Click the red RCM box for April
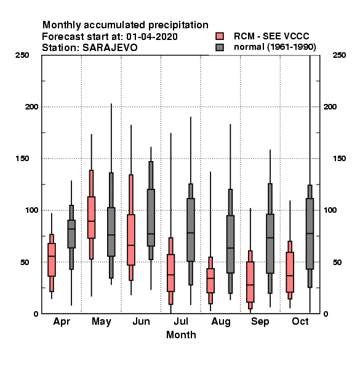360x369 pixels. (x=52, y=260)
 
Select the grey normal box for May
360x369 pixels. (x=111, y=232)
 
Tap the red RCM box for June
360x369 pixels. (x=131, y=240)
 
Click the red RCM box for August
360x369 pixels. (x=210, y=280)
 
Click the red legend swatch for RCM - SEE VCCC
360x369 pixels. (x=220, y=36)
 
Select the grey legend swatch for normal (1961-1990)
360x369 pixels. (x=220, y=47)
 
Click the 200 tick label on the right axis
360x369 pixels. (x=330, y=107)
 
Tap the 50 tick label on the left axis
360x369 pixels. (x=25, y=262)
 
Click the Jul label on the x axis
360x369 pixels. (x=181, y=322)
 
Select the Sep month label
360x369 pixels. (x=260, y=322)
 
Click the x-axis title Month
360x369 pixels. (x=181, y=335)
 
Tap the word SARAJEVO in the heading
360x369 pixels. (x=110, y=48)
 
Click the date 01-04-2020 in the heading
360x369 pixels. (x=152, y=37)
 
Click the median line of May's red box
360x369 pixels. (x=91, y=221)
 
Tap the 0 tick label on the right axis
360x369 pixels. (x=326, y=314)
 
